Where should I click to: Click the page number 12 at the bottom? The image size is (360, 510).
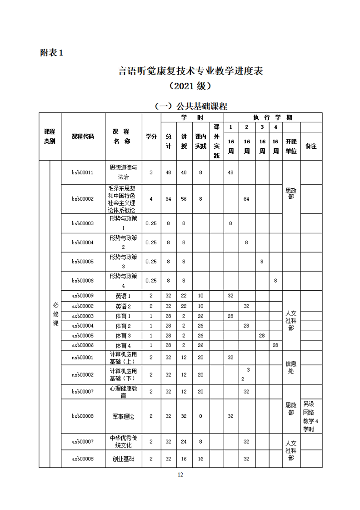tap(180, 475)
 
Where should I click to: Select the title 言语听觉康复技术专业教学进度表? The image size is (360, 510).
tap(190, 71)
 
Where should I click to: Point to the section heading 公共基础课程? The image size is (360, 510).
tap(190, 106)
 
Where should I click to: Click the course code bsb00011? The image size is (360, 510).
tap(83, 172)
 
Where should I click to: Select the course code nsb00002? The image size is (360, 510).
tap(83, 374)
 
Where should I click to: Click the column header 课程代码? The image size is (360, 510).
tap(83, 136)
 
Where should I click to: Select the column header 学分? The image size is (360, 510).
tap(151, 136)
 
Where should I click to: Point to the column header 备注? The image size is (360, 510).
tap(311, 146)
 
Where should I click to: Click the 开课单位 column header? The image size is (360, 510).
tap(291, 146)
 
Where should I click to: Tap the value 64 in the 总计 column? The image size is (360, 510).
tap(168, 198)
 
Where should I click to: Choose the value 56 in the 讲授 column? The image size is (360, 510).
tap(184, 198)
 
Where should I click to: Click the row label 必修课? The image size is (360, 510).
tap(55, 314)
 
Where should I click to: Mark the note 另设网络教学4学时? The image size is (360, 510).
tap(311, 416)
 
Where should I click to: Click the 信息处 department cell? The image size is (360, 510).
tap(291, 367)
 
